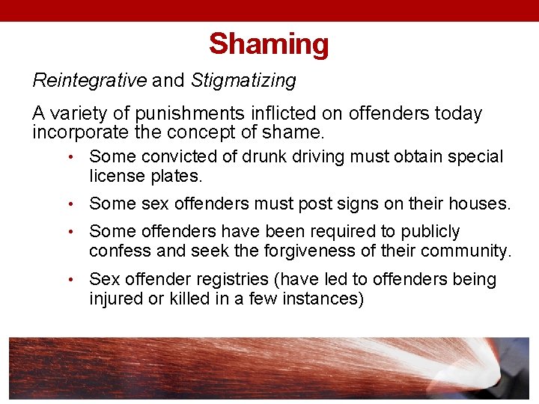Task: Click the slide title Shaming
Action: pyautogui.click(x=269, y=44)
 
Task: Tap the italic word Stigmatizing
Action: pyautogui.click(x=243, y=80)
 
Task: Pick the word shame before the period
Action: pyautogui.click(x=297, y=133)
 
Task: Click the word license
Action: pyautogui.click(x=116, y=177)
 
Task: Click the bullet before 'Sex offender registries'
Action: pyautogui.click(x=68, y=280)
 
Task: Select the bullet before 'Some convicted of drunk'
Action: pyautogui.click(x=68, y=157)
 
